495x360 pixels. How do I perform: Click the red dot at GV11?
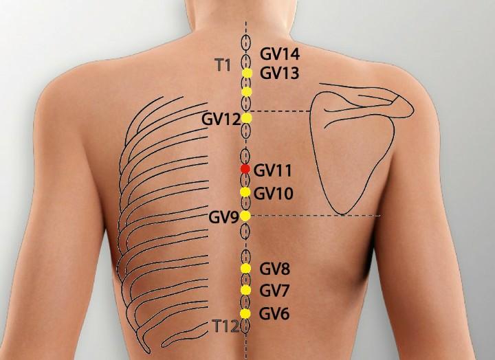coord(245,169)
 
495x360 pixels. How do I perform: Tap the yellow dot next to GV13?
coord(247,73)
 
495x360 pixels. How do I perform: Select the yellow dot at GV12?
coord(247,118)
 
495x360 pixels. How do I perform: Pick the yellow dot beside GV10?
coord(245,192)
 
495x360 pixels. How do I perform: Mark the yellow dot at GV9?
coord(245,216)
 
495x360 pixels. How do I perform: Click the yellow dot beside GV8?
coord(245,268)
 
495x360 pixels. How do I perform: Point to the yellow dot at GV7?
coord(245,291)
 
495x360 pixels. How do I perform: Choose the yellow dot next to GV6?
coord(245,314)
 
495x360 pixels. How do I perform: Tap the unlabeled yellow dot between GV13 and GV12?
coord(247,91)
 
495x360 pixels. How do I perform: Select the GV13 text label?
coord(279,73)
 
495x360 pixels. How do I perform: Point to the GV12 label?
coord(221,119)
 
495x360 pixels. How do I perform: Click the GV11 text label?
coord(274,169)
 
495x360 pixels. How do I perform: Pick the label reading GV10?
coord(274,194)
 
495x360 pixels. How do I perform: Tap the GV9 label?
coord(223,218)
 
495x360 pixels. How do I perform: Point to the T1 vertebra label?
coord(222,65)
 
